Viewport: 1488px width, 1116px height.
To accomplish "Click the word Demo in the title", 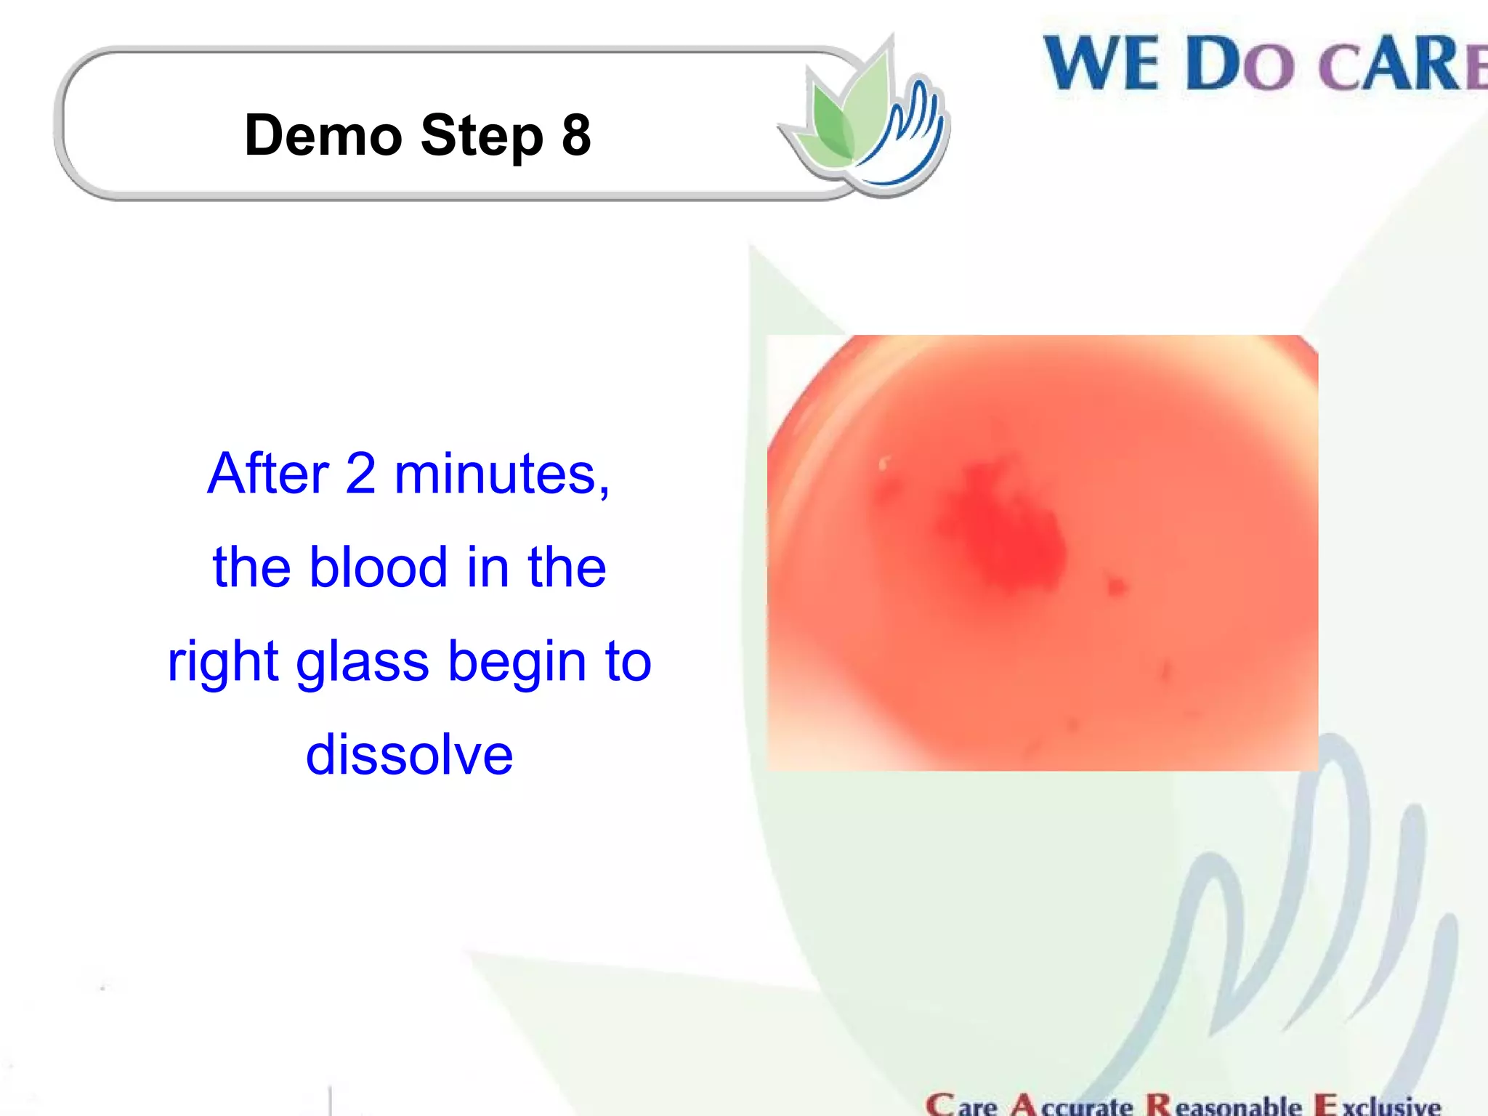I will [323, 136].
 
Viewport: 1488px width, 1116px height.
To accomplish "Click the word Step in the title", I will [482, 136].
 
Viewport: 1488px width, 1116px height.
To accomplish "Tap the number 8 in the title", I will [576, 136].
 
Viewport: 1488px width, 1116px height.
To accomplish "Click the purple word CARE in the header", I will [1402, 65].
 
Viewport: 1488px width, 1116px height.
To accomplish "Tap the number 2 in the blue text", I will [360, 474].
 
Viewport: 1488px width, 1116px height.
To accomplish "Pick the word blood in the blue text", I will [378, 567].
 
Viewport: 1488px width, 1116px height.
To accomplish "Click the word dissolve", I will [409, 755].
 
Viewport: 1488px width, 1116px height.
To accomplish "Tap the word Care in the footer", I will [961, 1105].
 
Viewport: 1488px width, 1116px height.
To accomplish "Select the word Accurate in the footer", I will [1072, 1105].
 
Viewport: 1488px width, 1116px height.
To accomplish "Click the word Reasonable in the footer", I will [1224, 1105].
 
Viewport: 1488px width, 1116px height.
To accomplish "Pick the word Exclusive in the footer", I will [1378, 1105].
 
